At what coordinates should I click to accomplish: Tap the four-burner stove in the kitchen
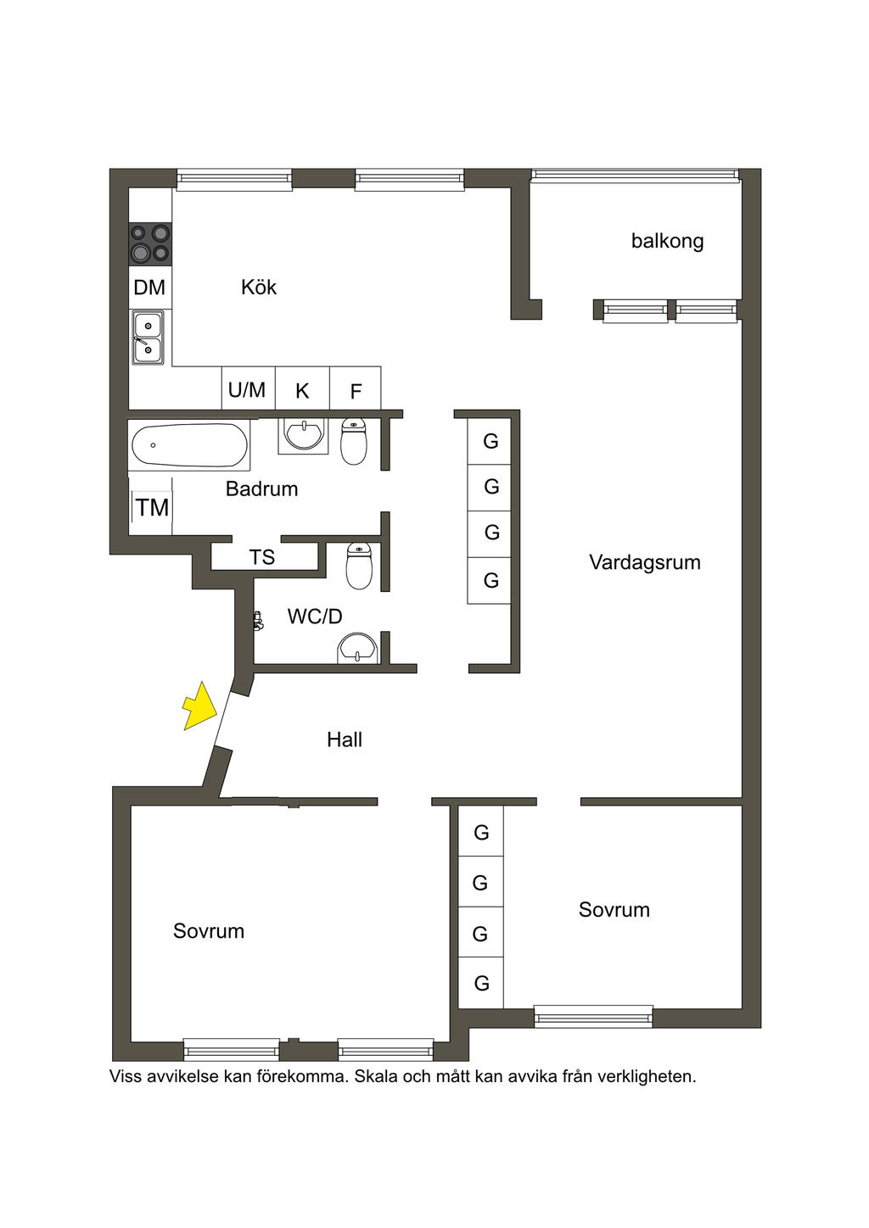pyautogui.click(x=149, y=243)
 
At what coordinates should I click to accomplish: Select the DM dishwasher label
pyautogui.click(x=149, y=287)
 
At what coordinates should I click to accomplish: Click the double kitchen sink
pyautogui.click(x=148, y=337)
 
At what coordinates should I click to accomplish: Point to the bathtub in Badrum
pyautogui.click(x=189, y=445)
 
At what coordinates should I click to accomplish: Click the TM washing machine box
pyautogui.click(x=151, y=508)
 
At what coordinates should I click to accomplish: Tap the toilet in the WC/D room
pyautogui.click(x=359, y=567)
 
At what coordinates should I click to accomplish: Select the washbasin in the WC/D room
pyautogui.click(x=358, y=650)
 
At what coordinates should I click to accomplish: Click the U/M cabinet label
pyautogui.click(x=247, y=390)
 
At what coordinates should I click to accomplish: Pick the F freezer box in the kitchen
pyautogui.click(x=356, y=390)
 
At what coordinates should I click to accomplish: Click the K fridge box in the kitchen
pyautogui.click(x=302, y=390)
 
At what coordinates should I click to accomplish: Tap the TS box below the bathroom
pyautogui.click(x=263, y=557)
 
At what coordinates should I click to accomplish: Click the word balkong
pyautogui.click(x=667, y=241)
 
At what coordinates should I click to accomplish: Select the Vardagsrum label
pyautogui.click(x=644, y=562)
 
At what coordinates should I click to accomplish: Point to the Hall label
pyautogui.click(x=344, y=740)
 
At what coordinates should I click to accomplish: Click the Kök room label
pyautogui.click(x=259, y=287)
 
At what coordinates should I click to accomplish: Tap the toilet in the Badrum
pyautogui.click(x=354, y=442)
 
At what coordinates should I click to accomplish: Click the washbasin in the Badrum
pyautogui.click(x=304, y=435)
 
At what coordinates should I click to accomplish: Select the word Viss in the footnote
pyautogui.click(x=126, y=1076)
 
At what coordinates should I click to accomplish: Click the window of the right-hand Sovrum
pyautogui.click(x=593, y=1016)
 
